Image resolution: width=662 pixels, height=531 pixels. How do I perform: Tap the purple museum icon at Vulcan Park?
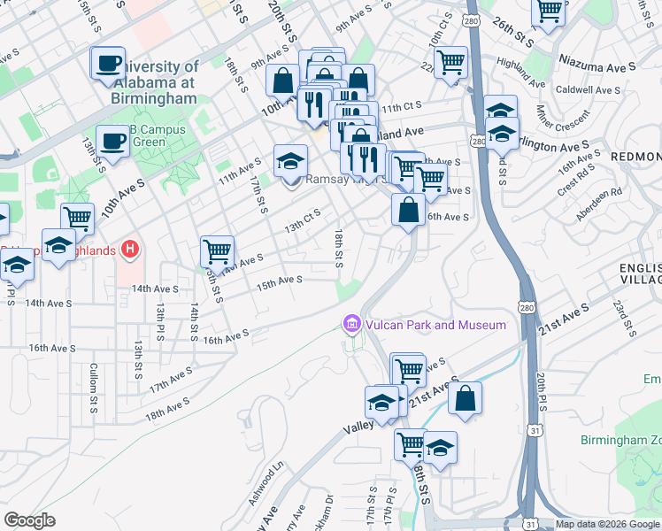352,325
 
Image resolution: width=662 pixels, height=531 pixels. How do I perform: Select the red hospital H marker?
130,250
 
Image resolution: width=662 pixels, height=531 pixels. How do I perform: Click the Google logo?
29,520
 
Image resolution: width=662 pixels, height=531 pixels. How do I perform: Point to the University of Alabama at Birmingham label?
156,82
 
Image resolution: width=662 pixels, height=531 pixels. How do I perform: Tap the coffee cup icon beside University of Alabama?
108,64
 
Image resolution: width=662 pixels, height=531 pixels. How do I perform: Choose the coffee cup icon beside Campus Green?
112,142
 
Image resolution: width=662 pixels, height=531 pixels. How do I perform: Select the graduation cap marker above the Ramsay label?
290,162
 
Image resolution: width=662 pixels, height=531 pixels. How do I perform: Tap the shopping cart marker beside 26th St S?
549,12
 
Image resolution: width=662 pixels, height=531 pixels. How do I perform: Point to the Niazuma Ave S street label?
597,66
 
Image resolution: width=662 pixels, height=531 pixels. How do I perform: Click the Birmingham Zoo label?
620,440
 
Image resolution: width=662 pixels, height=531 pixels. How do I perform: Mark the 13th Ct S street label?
302,221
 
